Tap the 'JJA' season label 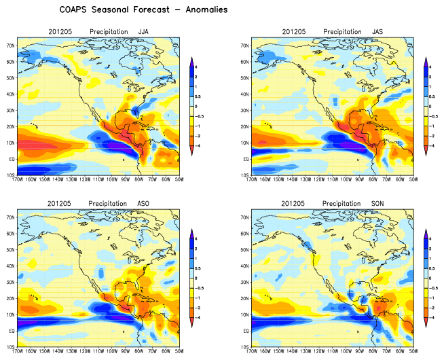[x=144, y=32]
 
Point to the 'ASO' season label [x=144, y=203]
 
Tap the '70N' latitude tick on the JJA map [x=11, y=46]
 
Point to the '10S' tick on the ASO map [x=11, y=346]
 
